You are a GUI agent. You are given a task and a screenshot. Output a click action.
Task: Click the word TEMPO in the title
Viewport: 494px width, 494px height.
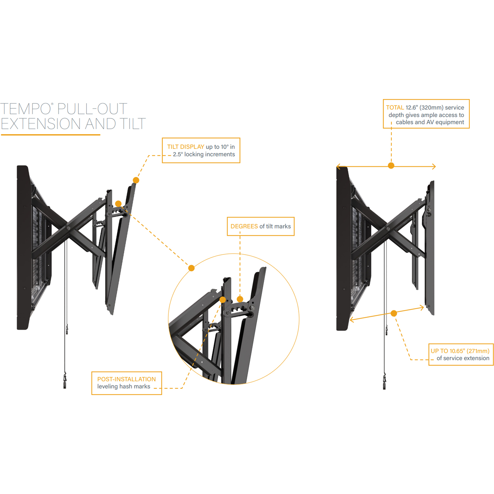tap(25, 108)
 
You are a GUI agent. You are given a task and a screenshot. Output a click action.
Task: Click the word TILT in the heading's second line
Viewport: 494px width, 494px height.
tap(133, 123)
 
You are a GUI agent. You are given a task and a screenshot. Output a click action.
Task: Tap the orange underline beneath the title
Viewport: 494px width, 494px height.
tap(51, 135)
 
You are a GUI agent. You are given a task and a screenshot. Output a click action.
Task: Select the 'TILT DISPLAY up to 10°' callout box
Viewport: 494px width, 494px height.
tap(201, 150)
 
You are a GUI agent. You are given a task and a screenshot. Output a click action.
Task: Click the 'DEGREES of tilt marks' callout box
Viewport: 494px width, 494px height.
tap(261, 226)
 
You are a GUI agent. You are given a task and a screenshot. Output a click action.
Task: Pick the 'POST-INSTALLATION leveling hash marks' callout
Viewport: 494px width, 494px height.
tap(126, 383)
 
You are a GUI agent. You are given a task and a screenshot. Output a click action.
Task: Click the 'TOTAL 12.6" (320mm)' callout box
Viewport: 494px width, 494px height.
tap(426, 113)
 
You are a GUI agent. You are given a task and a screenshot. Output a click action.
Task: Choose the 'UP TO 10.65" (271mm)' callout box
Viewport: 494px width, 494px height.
tap(461, 354)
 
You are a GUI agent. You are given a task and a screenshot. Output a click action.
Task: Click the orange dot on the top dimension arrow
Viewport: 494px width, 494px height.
tap(391, 166)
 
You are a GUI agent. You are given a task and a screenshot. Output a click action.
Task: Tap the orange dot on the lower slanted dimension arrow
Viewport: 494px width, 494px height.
tap(394, 313)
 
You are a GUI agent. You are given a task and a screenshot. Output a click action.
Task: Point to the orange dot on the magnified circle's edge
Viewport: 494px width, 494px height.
tap(191, 268)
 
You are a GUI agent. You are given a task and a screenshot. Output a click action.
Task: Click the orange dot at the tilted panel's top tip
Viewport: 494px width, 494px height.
tap(136, 180)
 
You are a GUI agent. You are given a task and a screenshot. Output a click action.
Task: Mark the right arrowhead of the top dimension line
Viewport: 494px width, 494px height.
tap(434, 167)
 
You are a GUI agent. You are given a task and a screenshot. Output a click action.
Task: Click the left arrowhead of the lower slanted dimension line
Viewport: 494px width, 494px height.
tap(352, 320)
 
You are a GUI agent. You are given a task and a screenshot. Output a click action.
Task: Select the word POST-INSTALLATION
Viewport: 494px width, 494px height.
tap(126, 379)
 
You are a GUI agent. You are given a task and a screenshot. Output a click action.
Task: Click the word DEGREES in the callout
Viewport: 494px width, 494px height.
tap(244, 226)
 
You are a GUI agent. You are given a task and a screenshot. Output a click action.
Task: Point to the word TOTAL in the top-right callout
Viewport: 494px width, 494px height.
tap(395, 107)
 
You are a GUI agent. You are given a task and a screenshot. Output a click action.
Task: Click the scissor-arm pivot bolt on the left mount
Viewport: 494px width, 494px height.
tap(68, 228)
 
